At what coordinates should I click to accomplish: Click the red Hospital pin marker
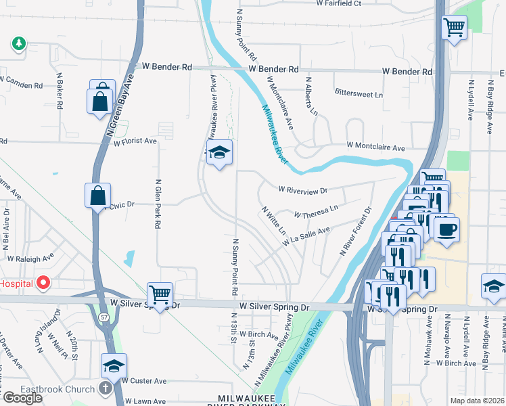coord(44,282)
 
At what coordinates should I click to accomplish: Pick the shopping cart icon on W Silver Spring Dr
coord(160,294)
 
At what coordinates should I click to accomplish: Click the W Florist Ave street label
coord(135,142)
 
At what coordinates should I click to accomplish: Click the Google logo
coord(22,398)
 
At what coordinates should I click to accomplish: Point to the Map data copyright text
coord(478,401)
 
